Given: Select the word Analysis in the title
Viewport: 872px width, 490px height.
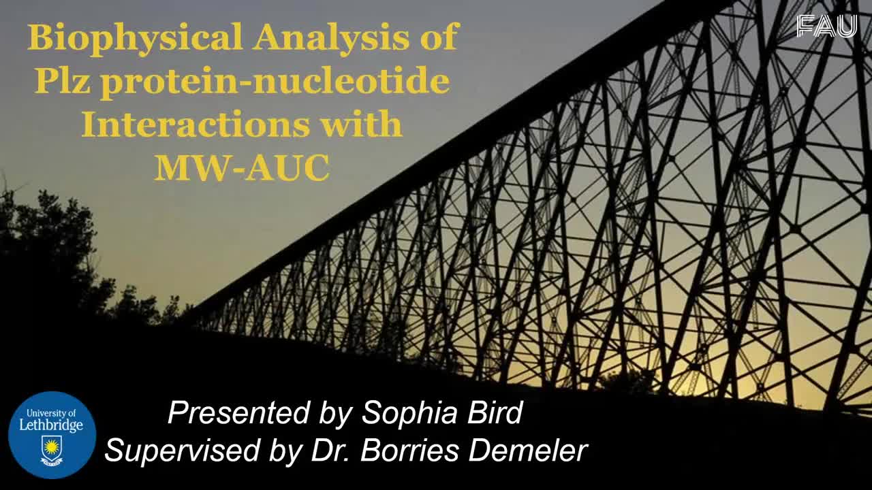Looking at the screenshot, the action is pos(331,37).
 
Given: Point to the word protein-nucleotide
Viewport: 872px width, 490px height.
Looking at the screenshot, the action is pos(275,83).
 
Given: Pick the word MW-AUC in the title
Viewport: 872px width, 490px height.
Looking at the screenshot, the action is pos(242,168).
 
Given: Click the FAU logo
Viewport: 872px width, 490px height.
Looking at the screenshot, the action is pos(826,27).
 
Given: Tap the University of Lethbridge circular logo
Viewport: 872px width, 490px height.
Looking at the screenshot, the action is pos(52,435).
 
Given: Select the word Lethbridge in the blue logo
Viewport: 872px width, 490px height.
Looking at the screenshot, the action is pos(51,425).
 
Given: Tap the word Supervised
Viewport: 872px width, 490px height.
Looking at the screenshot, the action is pos(182,451).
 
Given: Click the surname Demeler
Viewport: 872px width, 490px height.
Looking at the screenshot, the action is pos(528,451).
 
